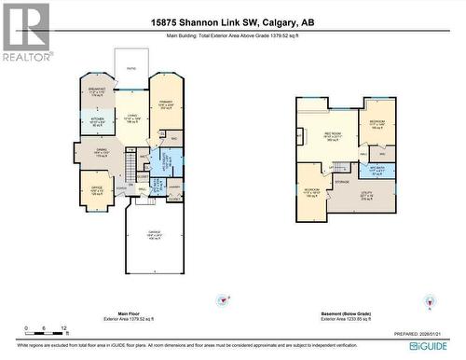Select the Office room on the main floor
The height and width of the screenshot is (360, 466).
[96, 192]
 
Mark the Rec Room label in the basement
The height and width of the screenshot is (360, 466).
[332, 135]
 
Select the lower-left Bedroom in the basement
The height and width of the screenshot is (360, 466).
[312, 192]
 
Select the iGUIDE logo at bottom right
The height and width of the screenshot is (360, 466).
[432, 346]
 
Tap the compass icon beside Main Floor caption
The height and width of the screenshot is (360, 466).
[222, 300]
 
